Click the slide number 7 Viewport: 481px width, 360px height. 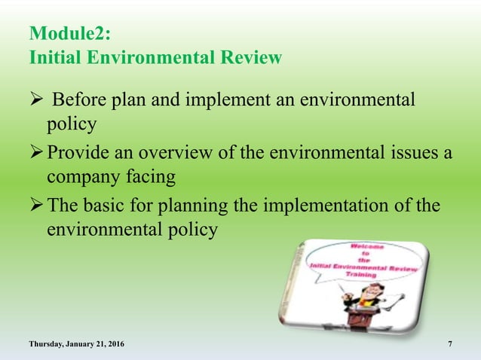[450, 344]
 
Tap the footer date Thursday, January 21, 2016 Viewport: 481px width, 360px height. [77, 344]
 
